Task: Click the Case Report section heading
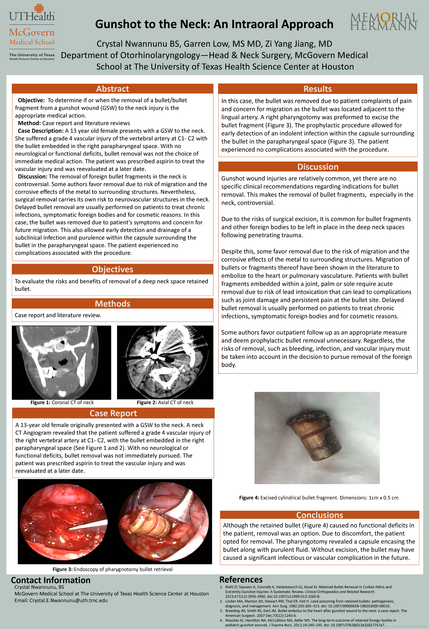(x=113, y=413)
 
